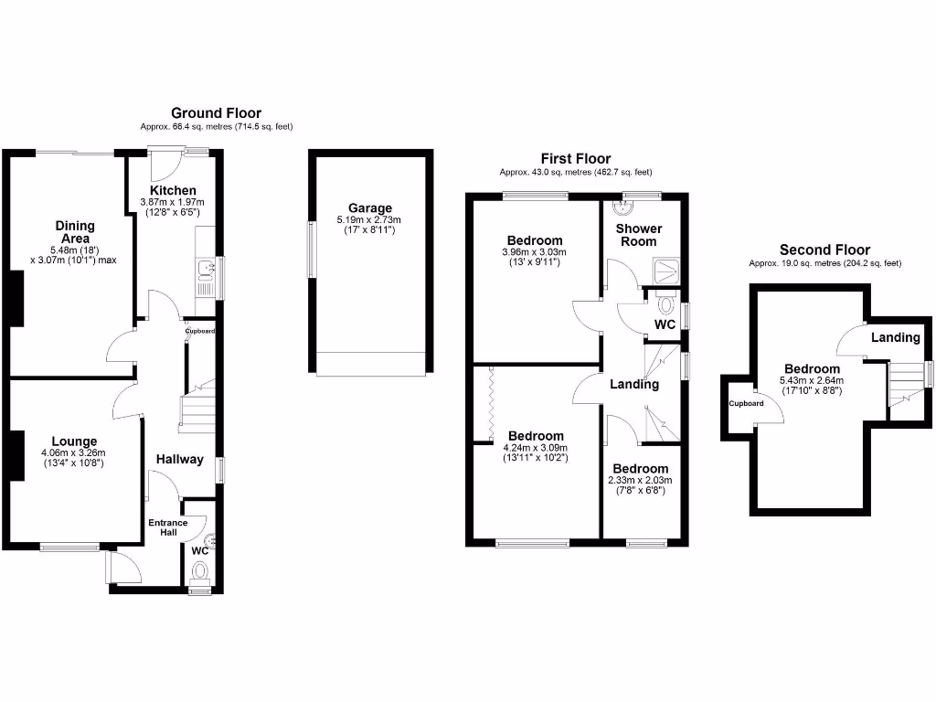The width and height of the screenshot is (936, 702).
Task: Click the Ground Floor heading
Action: coord(216,113)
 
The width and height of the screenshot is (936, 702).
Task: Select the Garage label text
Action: coord(369,207)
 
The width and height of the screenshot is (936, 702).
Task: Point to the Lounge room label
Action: coord(75,441)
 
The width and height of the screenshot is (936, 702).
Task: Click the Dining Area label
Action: coord(75,232)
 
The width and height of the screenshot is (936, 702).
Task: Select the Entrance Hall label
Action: coord(168,527)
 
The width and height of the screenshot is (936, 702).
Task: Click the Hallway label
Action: coord(179,459)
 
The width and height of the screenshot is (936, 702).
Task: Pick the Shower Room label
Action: coord(638,235)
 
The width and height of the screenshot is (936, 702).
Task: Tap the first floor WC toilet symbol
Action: coord(665,303)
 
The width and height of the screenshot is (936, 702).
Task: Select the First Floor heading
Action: coord(575,159)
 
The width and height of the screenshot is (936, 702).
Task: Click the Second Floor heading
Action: coord(824,250)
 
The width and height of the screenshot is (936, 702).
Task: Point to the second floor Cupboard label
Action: coord(746,403)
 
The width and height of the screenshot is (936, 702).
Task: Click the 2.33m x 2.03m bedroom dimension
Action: coord(640,481)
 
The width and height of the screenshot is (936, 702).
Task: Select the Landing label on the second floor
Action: coord(895,337)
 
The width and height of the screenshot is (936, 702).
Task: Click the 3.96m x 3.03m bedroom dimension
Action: coord(535,252)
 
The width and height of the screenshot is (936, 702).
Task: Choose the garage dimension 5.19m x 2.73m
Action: coord(369,220)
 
